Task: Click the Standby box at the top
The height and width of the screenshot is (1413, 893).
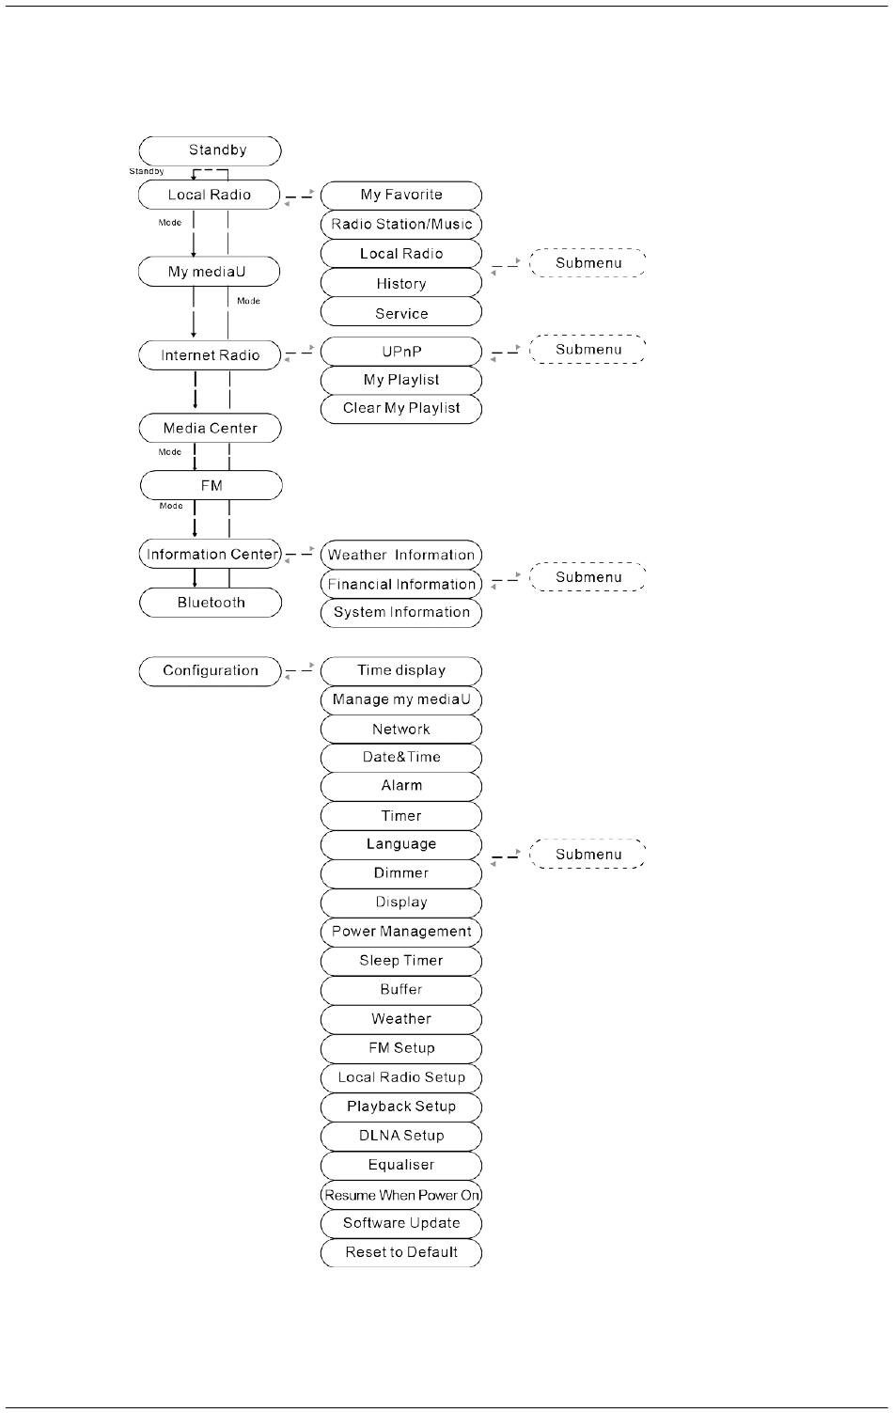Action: (x=210, y=150)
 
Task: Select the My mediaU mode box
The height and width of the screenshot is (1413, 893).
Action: (x=209, y=272)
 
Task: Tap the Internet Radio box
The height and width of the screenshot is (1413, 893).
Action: (x=210, y=355)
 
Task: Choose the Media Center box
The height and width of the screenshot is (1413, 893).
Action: (x=210, y=428)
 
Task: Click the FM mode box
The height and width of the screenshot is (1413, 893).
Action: (x=211, y=485)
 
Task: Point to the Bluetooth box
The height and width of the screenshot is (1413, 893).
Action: (x=211, y=603)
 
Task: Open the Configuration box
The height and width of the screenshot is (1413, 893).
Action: (x=210, y=670)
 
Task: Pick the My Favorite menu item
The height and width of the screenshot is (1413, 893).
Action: (x=401, y=195)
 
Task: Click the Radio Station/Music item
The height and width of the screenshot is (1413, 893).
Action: (x=401, y=224)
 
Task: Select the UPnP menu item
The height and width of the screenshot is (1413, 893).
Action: (x=401, y=352)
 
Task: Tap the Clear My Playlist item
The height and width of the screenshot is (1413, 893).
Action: (x=401, y=408)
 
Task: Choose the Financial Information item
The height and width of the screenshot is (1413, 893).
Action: (x=401, y=584)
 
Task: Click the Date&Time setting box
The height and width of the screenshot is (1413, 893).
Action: (x=401, y=757)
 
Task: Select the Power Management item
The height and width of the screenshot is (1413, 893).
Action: (x=401, y=932)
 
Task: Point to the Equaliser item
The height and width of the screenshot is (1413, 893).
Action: (x=401, y=1165)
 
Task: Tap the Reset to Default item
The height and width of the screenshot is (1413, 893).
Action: (x=401, y=1252)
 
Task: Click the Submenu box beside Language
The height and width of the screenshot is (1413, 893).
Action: (x=587, y=855)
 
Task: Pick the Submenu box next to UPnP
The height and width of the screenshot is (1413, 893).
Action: (x=587, y=350)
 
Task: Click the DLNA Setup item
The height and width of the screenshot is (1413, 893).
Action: (x=401, y=1136)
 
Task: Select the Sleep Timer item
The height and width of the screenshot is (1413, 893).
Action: (x=401, y=961)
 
